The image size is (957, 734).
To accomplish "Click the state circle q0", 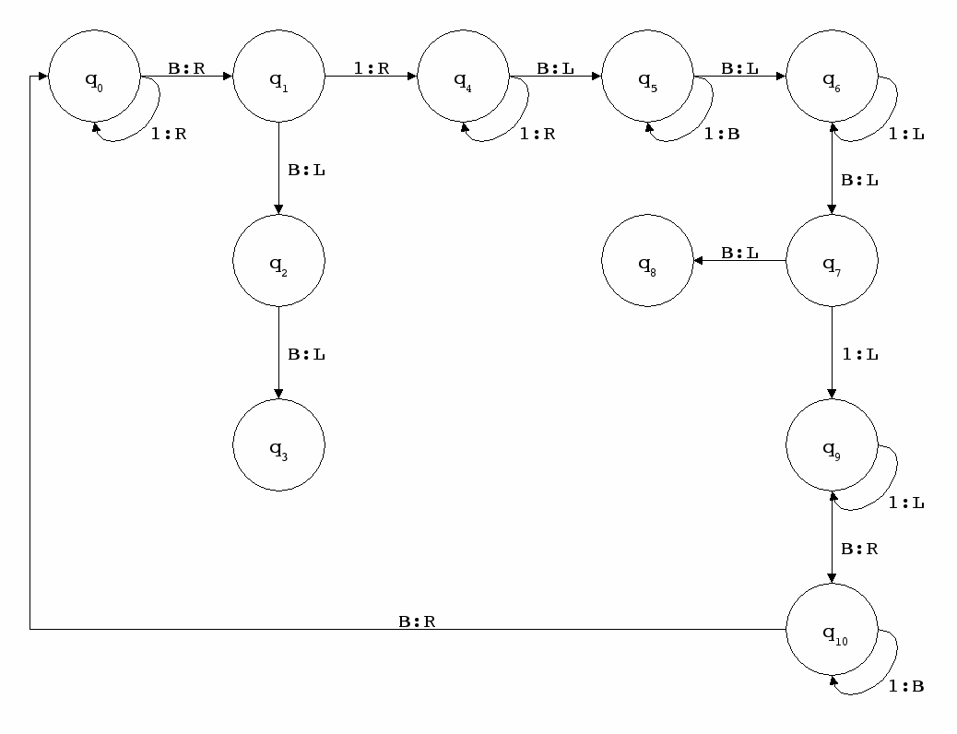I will click(x=93, y=77).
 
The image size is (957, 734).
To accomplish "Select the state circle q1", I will click(x=278, y=77).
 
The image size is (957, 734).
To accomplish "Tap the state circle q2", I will click(x=278, y=262).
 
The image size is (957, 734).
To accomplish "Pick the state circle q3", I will click(x=278, y=446).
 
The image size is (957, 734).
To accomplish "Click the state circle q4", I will click(x=463, y=77).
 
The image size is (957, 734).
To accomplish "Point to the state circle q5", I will click(x=647, y=77).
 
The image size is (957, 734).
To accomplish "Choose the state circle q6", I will click(x=832, y=77).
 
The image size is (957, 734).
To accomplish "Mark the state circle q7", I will click(x=832, y=262).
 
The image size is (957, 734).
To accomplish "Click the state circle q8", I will click(x=647, y=262).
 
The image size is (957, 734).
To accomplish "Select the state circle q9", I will click(x=832, y=446).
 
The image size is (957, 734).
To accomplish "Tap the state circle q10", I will click(x=832, y=631).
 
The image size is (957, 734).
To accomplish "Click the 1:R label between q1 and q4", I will click(x=371, y=67).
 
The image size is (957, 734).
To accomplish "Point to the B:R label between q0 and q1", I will click(x=186, y=67).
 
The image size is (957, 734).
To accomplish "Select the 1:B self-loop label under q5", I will click(x=721, y=134).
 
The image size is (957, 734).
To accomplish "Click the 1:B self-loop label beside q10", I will click(x=905, y=687).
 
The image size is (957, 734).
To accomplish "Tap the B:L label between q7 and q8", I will click(x=739, y=252).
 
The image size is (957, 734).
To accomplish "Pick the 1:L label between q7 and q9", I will click(x=859, y=354).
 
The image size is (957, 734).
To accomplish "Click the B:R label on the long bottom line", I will click(x=417, y=621).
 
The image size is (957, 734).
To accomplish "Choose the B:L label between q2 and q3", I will click(x=306, y=354).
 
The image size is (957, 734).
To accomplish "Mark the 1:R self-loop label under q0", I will click(x=168, y=134).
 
